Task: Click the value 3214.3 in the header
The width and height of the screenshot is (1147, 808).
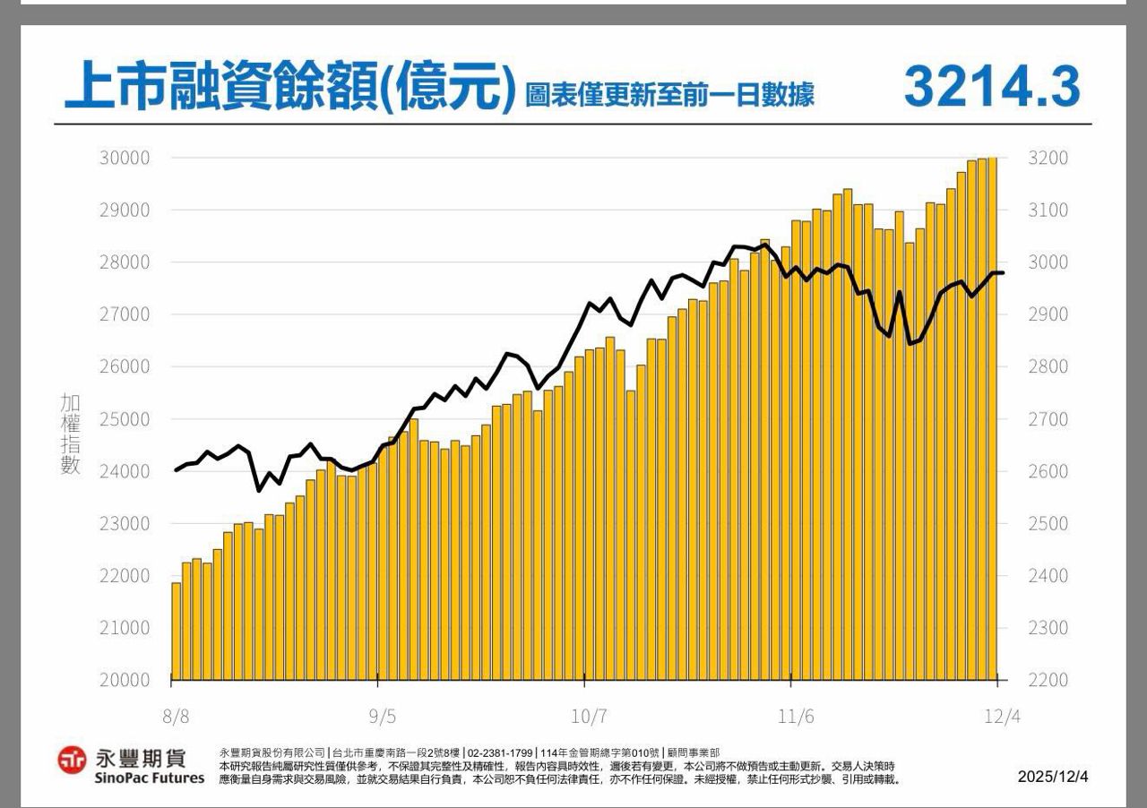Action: click(992, 87)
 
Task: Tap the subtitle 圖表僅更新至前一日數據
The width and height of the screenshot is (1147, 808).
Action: click(669, 94)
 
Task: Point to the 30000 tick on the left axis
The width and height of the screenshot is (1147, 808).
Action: click(124, 159)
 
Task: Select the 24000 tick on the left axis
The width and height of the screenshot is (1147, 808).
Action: click(124, 471)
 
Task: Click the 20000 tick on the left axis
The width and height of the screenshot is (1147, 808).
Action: click(124, 680)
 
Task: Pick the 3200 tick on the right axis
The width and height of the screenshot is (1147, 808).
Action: click(1048, 159)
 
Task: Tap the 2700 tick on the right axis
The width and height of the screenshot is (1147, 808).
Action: click(1048, 419)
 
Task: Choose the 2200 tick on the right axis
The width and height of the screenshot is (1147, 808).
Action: click(1048, 680)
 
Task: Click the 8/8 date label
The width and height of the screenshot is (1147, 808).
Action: click(176, 718)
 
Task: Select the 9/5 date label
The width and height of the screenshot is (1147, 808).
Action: click(381, 718)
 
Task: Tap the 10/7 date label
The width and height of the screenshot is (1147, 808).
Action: click(589, 718)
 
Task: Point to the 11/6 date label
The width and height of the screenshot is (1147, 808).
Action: click(795, 718)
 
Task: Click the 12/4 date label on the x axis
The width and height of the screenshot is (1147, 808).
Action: click(1002, 718)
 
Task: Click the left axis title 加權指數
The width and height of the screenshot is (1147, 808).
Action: click(71, 434)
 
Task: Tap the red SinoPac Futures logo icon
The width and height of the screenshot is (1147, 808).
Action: click(72, 761)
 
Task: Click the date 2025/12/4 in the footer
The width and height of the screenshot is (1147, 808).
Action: click(1053, 777)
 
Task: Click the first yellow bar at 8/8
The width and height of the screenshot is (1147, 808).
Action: click(177, 631)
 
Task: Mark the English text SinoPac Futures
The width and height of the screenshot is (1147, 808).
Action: click(149, 778)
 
